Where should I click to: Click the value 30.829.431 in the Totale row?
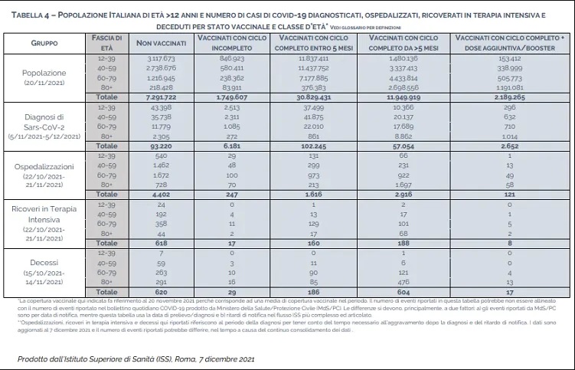[x=315, y=98]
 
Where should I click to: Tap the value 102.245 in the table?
[x=315, y=146]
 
